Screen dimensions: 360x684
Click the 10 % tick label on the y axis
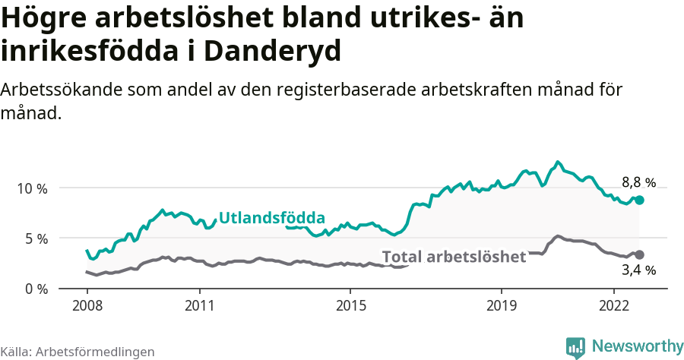pos(31,188)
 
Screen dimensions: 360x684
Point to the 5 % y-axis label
pos(34,238)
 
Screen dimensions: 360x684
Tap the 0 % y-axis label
pos(34,289)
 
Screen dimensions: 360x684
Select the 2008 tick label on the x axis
pos(87,305)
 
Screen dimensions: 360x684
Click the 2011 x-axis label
pos(199,305)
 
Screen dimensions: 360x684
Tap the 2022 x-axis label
pos(613,305)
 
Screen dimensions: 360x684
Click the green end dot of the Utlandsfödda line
pos(640,200)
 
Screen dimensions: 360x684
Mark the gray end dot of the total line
pos(640,254)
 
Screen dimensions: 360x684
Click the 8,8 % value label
pos(638,182)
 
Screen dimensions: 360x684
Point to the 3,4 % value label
pos(638,270)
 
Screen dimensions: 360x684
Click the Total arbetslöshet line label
pos(454,257)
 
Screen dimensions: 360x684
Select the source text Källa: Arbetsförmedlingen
pos(78,352)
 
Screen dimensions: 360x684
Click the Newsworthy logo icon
pos(575,347)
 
